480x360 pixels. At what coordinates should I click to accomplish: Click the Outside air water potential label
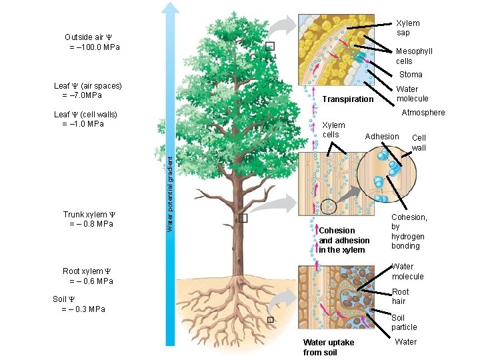click(92, 41)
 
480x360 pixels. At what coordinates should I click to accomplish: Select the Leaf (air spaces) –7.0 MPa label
click(87, 90)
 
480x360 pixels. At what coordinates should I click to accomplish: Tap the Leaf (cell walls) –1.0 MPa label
click(85, 119)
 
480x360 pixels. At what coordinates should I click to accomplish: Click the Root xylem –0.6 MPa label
click(87, 276)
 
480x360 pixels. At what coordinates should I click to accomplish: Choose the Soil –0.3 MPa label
click(78, 304)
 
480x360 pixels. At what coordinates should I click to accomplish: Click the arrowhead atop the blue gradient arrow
click(171, 9)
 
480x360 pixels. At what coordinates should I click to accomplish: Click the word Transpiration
click(347, 99)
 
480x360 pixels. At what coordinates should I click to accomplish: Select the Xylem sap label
click(408, 28)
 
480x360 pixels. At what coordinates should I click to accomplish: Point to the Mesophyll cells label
click(414, 56)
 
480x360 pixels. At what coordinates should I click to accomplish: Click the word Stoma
click(411, 75)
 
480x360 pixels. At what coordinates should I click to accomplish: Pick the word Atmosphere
click(423, 113)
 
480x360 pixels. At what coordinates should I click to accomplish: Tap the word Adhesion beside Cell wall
click(382, 137)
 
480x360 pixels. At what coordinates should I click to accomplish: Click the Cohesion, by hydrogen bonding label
click(409, 231)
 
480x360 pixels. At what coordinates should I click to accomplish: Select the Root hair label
click(401, 296)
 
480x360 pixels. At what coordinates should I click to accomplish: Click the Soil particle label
click(404, 323)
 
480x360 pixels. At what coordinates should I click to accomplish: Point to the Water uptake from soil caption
click(329, 347)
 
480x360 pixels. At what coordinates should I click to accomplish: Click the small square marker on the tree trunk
click(243, 218)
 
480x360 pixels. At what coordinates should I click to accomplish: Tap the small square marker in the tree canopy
click(269, 46)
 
